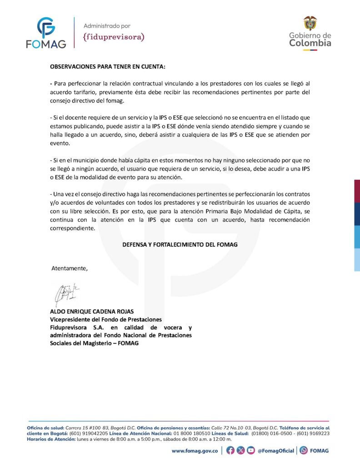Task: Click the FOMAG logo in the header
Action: pyautogui.click(x=46, y=33)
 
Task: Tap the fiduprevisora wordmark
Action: pyautogui.click(x=114, y=37)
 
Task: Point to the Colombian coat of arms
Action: pyautogui.click(x=310, y=23)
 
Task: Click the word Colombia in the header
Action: pyautogui.click(x=310, y=44)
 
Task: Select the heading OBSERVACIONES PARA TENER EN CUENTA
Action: pyautogui.click(x=108, y=66)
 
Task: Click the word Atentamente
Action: pyautogui.click(x=70, y=268)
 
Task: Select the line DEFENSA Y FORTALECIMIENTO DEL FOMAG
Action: pyautogui.click(x=180, y=244)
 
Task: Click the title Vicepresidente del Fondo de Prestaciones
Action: pyautogui.click(x=105, y=320)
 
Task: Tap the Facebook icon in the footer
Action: pyautogui.click(x=230, y=451)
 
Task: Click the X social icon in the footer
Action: pyautogui.click(x=240, y=451)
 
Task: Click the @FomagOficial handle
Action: pyautogui.click(x=275, y=451)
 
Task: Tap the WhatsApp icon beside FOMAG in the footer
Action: pyautogui.click(x=303, y=451)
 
